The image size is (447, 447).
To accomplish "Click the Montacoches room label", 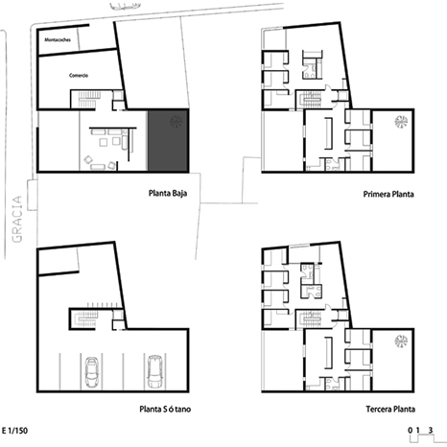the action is [x=58, y=40].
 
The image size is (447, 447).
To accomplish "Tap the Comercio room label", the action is [x=79, y=76].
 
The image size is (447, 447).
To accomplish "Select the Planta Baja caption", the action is [x=168, y=194].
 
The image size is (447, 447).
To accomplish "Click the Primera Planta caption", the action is [x=388, y=194].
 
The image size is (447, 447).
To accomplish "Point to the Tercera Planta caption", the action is [x=390, y=409].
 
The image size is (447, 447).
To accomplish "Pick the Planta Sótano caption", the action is [x=165, y=409].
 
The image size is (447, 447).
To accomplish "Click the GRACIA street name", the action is [x=17, y=219].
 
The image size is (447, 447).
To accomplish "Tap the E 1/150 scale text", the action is [x=14, y=431].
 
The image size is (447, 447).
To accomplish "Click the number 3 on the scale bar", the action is [x=431, y=430].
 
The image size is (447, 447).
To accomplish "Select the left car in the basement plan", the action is [x=91, y=372].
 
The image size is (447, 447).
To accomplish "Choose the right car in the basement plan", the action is [x=155, y=371].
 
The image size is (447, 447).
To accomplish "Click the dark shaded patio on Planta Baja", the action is [x=168, y=140].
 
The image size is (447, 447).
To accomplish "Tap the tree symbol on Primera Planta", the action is [x=401, y=122].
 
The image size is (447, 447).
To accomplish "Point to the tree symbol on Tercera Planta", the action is [x=401, y=341].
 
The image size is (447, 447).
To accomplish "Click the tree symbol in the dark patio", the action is [x=176, y=121].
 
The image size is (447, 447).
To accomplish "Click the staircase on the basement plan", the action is [x=85, y=318].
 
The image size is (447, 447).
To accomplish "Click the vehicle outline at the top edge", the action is [x=125, y=6].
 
